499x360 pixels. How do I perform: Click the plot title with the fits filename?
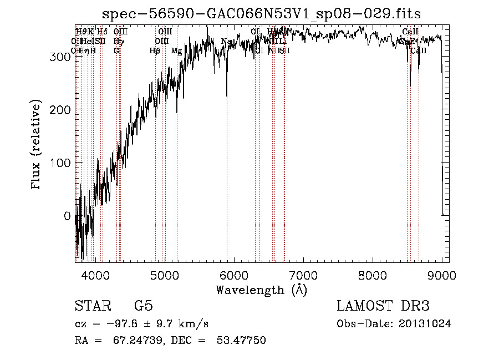click(266, 14)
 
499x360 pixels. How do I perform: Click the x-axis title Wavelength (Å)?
click(261, 290)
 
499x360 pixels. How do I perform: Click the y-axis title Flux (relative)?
click(37, 145)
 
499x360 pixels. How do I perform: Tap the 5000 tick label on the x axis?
click(165, 275)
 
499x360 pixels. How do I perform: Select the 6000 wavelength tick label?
click(234, 275)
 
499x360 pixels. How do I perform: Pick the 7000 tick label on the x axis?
click(303, 275)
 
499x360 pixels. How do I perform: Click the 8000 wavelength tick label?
click(373, 275)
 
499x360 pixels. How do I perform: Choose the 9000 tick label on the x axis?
click(442, 275)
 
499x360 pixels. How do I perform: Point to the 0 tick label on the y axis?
click(67, 216)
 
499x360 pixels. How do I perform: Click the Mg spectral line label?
click(176, 51)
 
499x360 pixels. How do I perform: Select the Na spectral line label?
click(226, 42)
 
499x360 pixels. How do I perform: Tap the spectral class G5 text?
click(143, 307)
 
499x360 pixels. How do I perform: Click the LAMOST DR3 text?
click(383, 307)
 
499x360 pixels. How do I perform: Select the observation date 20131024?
click(426, 324)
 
